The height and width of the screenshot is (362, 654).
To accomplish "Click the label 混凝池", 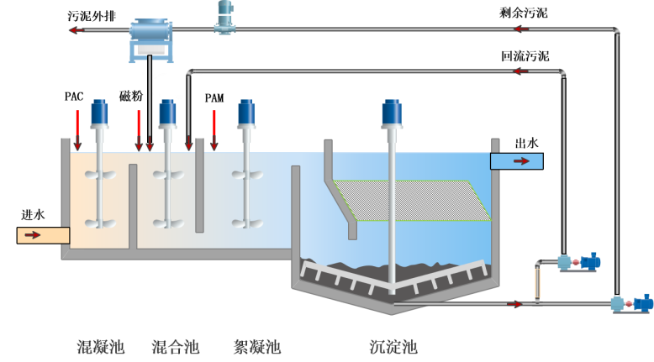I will point(100,347).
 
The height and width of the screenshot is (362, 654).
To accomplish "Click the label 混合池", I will point(175,347).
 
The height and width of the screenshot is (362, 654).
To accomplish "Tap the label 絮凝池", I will point(256,347).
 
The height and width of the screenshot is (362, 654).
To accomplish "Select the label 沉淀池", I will point(393,347).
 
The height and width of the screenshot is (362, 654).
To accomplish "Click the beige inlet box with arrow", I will point(42,235).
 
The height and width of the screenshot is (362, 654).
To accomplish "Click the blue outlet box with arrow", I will point(516,161).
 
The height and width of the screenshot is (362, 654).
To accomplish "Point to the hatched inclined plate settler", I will point(412,200).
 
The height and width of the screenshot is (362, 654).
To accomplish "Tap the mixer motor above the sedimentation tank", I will point(392,113).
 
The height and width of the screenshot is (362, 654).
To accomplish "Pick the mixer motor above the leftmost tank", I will point(99,113).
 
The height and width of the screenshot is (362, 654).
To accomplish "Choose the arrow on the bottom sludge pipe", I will point(514,303).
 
